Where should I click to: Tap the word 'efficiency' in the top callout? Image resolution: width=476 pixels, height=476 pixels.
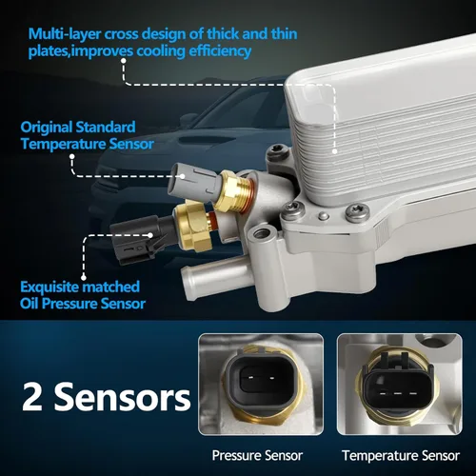[x=220, y=51]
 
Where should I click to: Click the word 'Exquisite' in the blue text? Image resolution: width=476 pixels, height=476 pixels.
[x=50, y=287]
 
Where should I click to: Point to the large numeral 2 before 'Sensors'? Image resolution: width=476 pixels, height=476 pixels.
[x=32, y=397]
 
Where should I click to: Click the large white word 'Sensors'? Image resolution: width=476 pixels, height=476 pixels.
[x=123, y=397]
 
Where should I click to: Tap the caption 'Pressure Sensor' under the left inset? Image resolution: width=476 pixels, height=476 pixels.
[x=257, y=456]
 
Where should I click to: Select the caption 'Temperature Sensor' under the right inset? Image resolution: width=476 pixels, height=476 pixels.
[x=401, y=456]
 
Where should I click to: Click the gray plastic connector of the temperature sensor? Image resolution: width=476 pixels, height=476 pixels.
[x=196, y=181]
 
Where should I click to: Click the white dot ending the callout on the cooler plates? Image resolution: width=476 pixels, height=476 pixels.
[x=334, y=151]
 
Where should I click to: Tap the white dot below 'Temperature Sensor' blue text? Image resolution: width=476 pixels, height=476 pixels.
[x=72, y=156]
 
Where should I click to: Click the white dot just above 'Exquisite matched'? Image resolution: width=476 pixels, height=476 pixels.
[x=84, y=277]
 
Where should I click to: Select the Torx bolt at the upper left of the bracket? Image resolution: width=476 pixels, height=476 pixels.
[x=278, y=152]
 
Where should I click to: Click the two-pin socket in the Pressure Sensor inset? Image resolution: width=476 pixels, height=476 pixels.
[x=261, y=378]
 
